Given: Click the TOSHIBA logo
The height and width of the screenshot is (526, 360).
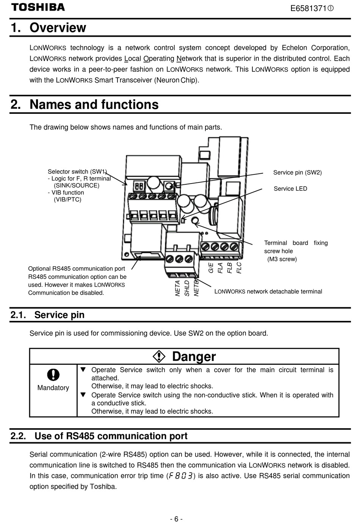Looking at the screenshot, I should [x=38, y=7].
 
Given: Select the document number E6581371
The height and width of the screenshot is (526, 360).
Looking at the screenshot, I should [x=308, y=8].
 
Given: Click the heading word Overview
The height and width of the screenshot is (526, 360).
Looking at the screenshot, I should [x=58, y=28].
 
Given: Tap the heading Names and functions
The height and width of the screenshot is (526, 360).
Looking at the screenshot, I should [x=94, y=104].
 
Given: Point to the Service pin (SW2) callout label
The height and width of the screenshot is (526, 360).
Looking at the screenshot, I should [x=297, y=173].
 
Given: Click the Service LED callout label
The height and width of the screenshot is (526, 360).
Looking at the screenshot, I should [x=290, y=188].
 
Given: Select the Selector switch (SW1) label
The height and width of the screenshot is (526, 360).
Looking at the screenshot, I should [x=77, y=171].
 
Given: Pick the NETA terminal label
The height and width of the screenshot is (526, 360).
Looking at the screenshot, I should [x=178, y=288].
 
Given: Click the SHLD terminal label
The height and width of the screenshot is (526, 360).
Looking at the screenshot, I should [x=187, y=288].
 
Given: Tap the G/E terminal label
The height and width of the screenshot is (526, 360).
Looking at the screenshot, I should [x=211, y=268].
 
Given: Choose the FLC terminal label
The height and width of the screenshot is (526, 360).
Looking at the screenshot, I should [x=239, y=268].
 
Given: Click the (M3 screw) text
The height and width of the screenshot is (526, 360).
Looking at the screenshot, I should [x=282, y=259].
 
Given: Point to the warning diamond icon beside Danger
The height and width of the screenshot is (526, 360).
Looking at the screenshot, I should [x=159, y=356].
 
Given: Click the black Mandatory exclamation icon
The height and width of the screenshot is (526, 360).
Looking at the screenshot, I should [x=53, y=375].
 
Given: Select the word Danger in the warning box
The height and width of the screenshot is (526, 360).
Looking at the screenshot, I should [x=194, y=356].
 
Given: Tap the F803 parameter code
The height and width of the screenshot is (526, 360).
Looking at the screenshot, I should [x=181, y=476].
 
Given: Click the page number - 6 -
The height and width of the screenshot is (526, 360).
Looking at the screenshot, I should [x=177, y=519].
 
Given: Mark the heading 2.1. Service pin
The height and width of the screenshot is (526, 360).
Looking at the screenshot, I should [x=47, y=315].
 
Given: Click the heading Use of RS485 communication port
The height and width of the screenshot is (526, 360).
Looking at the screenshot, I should [x=111, y=436].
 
